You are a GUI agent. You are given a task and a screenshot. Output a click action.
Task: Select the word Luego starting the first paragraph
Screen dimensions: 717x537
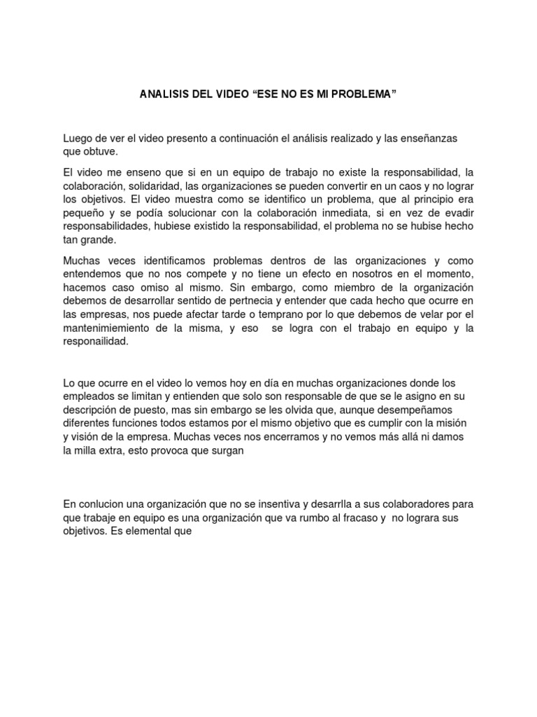[x=78, y=139]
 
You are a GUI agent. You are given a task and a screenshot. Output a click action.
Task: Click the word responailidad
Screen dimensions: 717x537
[x=96, y=342]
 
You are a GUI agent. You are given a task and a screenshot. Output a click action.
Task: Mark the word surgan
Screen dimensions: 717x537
[x=226, y=450]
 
